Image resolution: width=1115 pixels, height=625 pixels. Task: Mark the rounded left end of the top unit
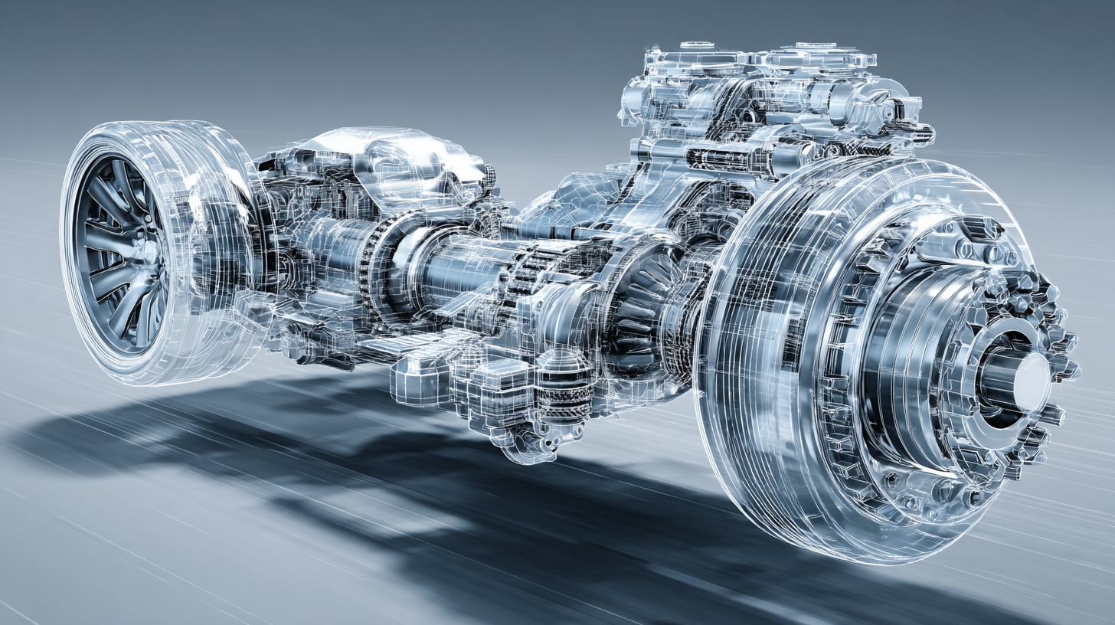(x=633, y=100)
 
